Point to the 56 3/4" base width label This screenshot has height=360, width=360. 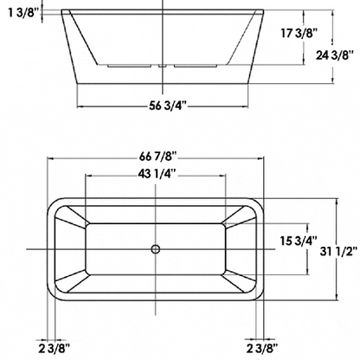[164, 106]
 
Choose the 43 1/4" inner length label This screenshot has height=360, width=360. [157, 174]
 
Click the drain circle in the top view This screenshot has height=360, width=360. [157, 249]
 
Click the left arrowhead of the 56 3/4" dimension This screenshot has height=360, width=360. [80, 106]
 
